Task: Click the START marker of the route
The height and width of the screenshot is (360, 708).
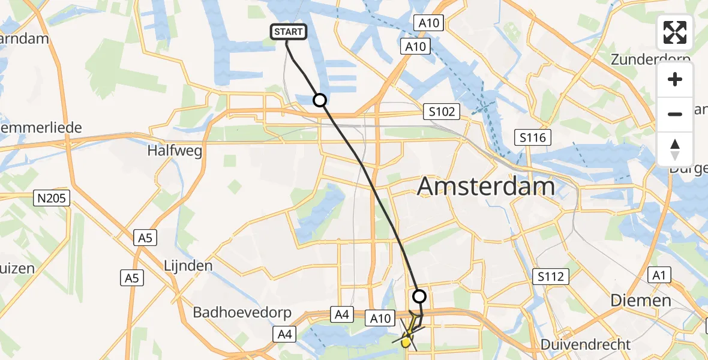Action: pyautogui.click(x=289, y=32)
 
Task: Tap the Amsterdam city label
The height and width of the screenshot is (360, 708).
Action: pyautogui.click(x=486, y=187)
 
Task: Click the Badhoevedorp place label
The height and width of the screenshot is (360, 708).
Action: pyautogui.click(x=242, y=313)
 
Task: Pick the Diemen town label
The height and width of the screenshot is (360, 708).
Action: pyautogui.click(x=641, y=300)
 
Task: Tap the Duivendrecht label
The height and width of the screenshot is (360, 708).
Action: pyautogui.click(x=586, y=344)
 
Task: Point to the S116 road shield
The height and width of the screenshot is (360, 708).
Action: pyautogui.click(x=532, y=138)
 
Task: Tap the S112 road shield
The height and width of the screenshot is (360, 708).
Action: pyautogui.click(x=550, y=277)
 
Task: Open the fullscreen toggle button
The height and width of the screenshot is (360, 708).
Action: pyautogui.click(x=675, y=32)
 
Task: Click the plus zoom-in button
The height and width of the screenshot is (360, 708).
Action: pyautogui.click(x=675, y=79)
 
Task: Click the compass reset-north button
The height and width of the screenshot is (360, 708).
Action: pyautogui.click(x=675, y=149)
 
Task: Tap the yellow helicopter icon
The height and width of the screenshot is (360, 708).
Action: pyautogui.click(x=407, y=341)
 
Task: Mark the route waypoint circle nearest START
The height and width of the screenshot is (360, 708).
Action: pyautogui.click(x=320, y=100)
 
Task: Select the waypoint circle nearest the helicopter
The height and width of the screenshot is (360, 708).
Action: pyautogui.click(x=419, y=296)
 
